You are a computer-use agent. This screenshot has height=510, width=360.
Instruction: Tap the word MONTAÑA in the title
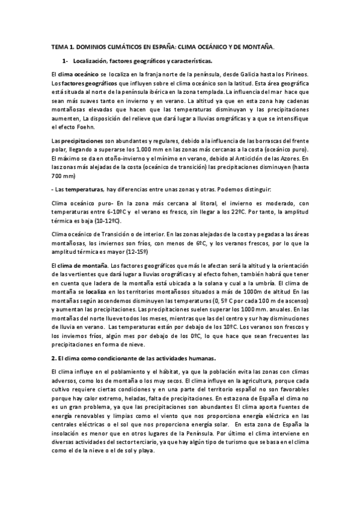coord(260,46)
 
